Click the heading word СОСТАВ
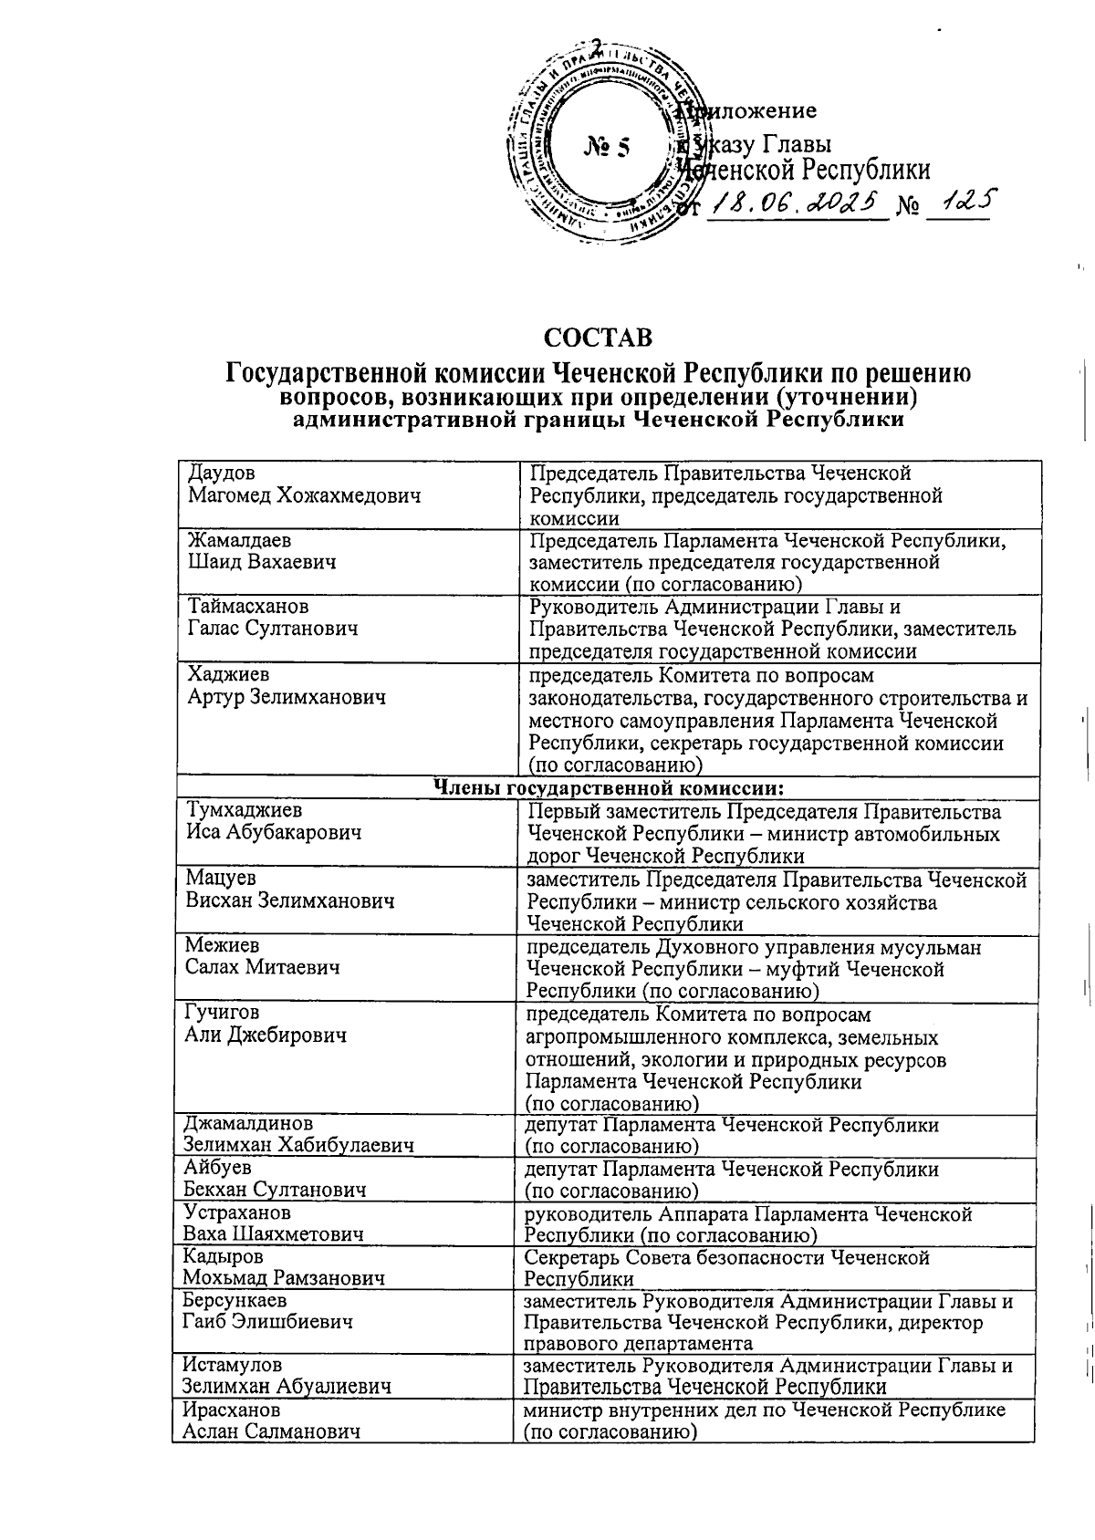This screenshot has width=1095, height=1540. [x=599, y=338]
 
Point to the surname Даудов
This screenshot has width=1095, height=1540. [x=222, y=473]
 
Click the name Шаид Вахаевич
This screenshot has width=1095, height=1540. [x=261, y=562]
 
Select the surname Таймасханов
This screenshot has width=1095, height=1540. [x=248, y=607]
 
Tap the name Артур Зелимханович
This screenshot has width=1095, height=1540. [x=287, y=697]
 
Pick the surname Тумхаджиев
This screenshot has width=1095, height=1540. [x=245, y=810]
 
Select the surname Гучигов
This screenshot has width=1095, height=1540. [x=222, y=1013]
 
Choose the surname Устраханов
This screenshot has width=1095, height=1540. [x=237, y=1212]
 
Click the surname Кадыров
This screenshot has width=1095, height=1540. [x=224, y=1256]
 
